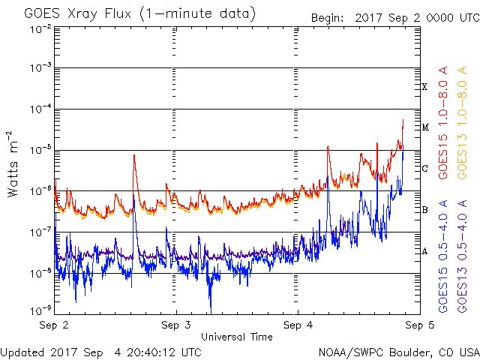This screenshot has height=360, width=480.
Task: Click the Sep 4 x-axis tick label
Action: click(298, 326)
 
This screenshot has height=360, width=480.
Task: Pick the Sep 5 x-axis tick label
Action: click(418, 326)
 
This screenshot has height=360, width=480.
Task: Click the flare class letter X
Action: click(424, 87)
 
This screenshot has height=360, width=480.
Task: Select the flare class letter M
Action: click(424, 127)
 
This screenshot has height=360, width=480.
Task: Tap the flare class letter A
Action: click(424, 251)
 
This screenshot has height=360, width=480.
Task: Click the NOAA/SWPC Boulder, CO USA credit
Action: click(398, 351)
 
